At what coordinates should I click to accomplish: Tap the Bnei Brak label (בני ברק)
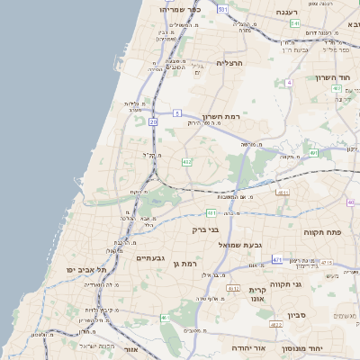click(x=205, y=229)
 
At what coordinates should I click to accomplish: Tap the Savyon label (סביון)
click(x=297, y=316)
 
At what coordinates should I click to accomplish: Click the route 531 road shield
click(x=222, y=8)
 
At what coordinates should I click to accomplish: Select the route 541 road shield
click(x=294, y=23)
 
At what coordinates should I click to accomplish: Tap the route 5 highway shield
click(x=177, y=112)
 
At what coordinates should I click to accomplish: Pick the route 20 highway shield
click(x=154, y=121)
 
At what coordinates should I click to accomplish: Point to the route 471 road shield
click(x=276, y=258)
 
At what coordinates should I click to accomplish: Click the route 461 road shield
click(x=165, y=318)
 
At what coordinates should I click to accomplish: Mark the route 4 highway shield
click(x=289, y=82)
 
